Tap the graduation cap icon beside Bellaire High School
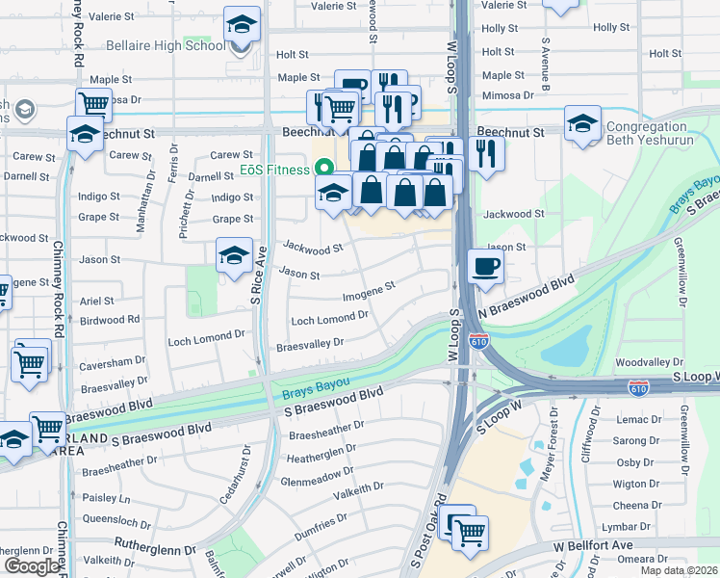click(243, 25)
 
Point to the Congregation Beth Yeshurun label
click(661, 135)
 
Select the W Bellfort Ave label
click(599, 546)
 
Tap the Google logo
click(32, 566)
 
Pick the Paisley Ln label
click(106, 498)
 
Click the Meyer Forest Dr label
click(553, 439)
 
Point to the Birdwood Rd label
click(110, 319)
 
